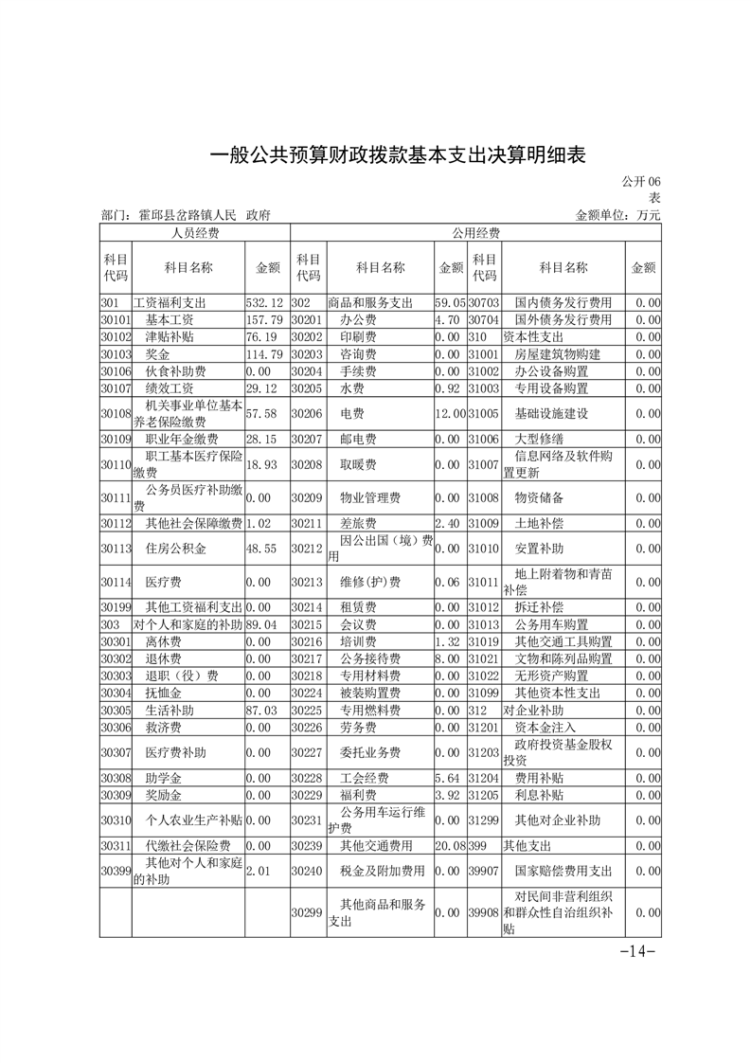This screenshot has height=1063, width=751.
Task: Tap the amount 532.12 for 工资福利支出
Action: point(265,302)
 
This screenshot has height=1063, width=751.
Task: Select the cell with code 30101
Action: point(115,319)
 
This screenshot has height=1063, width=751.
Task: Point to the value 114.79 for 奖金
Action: point(265,353)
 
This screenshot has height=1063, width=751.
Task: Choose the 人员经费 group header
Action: point(194,233)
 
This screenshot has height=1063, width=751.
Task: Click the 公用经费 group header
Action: point(475,233)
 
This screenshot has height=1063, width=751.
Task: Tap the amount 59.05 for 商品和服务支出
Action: point(450,302)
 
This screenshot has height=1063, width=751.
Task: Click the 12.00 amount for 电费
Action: point(450,414)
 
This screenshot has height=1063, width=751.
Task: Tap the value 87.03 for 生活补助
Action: point(265,710)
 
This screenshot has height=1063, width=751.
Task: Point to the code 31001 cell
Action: point(483,353)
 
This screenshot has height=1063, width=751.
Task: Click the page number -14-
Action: point(638,952)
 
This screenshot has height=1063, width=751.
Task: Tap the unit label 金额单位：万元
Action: point(617,216)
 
